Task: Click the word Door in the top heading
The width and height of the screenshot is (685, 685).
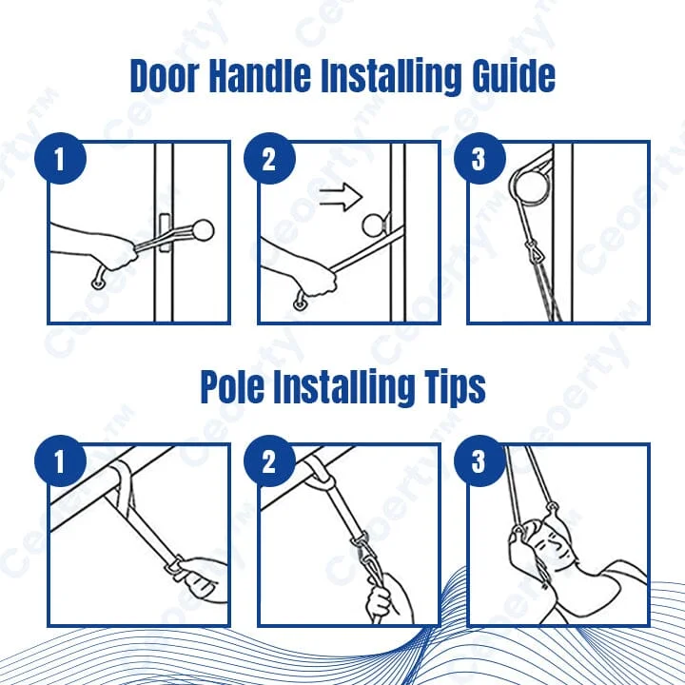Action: coord(164,75)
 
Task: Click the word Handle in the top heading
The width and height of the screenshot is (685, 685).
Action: coord(260,75)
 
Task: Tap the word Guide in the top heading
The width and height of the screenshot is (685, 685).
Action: coord(513,75)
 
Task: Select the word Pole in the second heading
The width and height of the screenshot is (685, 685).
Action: coord(231,386)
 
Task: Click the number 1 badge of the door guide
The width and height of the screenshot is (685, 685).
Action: coord(60,158)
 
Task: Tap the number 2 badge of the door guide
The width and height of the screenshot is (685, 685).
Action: coord(269,158)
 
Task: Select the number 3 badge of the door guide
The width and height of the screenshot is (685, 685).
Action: coord(479,158)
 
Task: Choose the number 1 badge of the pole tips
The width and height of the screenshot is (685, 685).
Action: coord(60,460)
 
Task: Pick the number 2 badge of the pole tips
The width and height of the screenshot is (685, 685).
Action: coord(269,460)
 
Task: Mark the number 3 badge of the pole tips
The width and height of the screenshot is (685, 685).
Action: coord(479,460)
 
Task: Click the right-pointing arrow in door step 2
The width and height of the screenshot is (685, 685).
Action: coord(341,197)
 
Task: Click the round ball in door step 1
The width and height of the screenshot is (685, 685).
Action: coord(203,230)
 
